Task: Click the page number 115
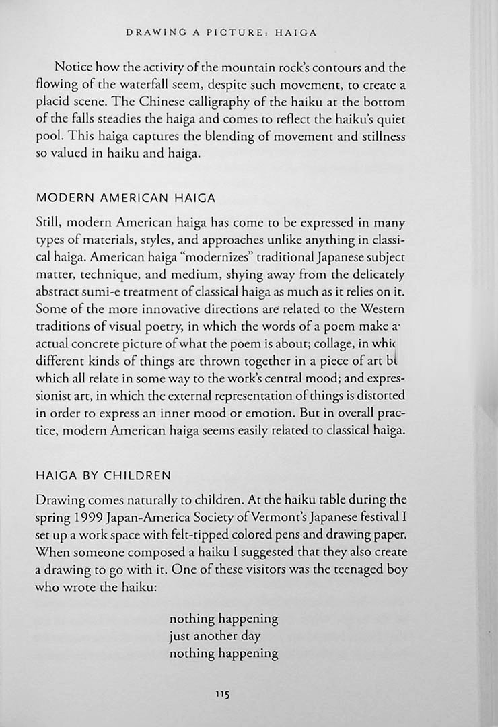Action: pyautogui.click(x=222, y=693)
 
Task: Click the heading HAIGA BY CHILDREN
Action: pyautogui.click(x=103, y=475)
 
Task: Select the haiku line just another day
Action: pyautogui.click(x=215, y=635)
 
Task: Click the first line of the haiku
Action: pyautogui.click(x=223, y=618)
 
